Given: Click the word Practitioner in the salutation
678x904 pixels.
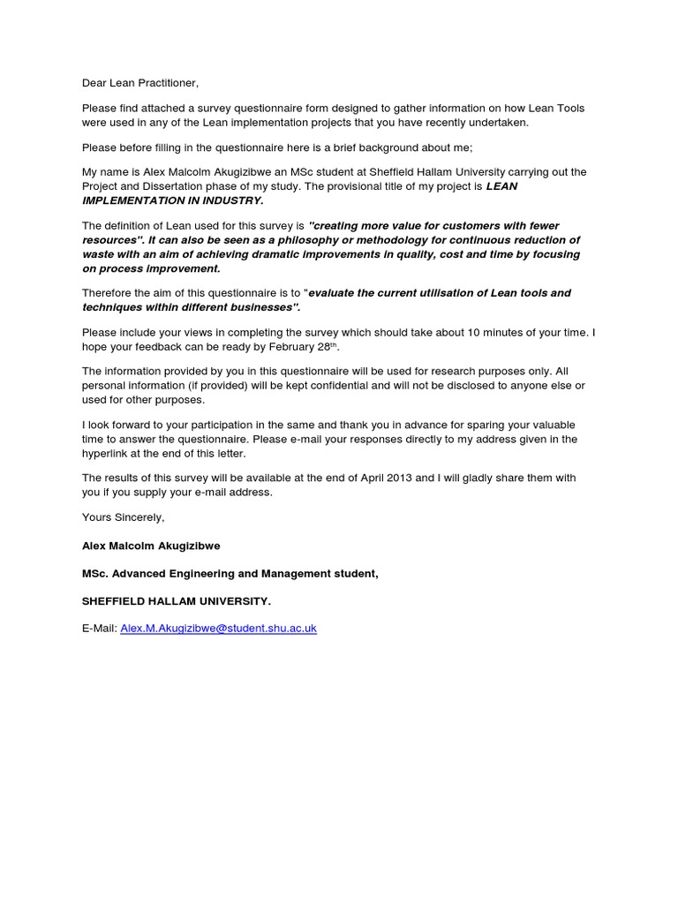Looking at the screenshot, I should [x=166, y=83].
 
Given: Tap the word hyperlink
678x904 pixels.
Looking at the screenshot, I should [x=109, y=453].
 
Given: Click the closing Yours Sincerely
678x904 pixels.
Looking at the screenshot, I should [x=123, y=517].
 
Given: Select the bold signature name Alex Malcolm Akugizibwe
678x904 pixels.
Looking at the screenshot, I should [x=151, y=546].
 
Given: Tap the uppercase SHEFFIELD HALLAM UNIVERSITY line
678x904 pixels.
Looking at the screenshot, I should [x=177, y=601].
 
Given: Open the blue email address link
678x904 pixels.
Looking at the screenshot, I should [x=218, y=629].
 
